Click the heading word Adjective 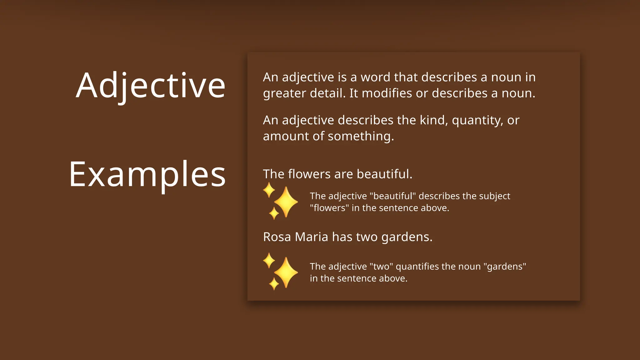point(151,86)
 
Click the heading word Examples point(147,174)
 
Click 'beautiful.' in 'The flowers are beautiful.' point(384,174)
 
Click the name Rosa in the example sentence point(277,237)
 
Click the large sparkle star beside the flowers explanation point(286,202)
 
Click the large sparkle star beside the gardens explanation point(286,273)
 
